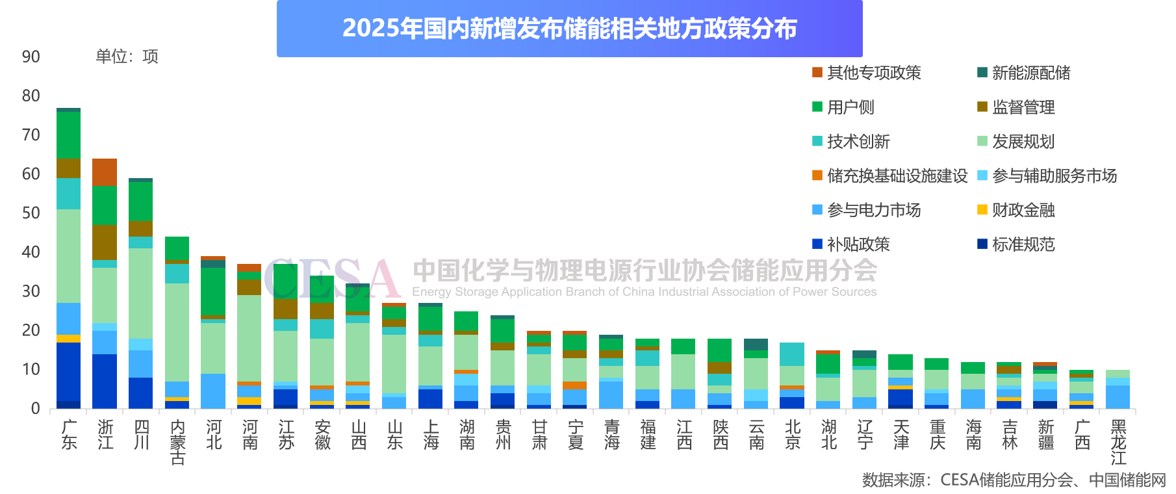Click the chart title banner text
click(x=569, y=29)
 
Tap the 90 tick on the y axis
click(x=31, y=57)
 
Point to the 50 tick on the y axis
click(x=31, y=213)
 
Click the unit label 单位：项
click(x=127, y=57)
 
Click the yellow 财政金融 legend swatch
click(x=982, y=210)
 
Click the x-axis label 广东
click(x=69, y=435)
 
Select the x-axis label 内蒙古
click(x=177, y=442)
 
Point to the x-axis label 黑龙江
click(x=1118, y=442)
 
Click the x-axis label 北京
click(x=793, y=435)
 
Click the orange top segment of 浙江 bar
click(x=105, y=172)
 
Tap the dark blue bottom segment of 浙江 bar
click(x=105, y=381)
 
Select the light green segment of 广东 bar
click(x=68, y=256)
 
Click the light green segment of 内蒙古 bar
click(x=177, y=332)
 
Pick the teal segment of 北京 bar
click(x=792, y=354)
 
